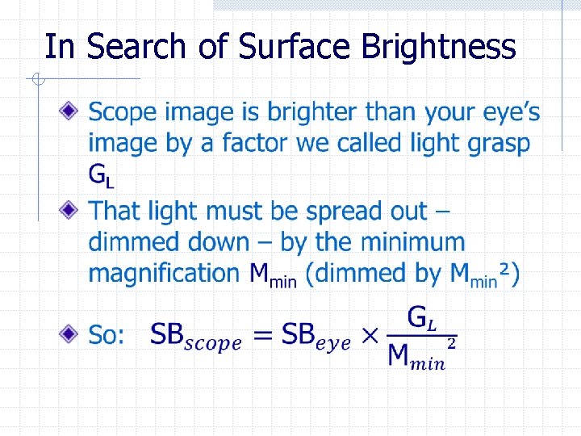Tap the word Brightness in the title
[439, 47]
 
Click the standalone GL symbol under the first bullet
[101, 174]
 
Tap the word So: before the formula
[107, 335]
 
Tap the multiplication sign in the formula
[370, 335]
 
